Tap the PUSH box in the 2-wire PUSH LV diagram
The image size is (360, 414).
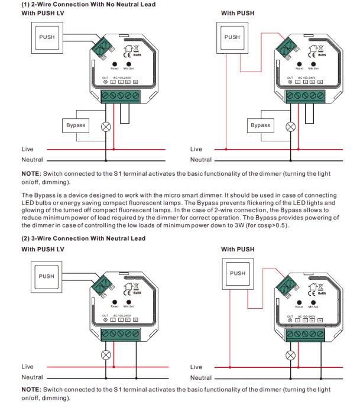coord(46,37)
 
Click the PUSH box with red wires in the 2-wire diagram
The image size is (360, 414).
coord(232,37)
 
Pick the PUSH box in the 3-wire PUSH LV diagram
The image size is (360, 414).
coord(46,276)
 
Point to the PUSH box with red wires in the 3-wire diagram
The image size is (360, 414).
coord(238,273)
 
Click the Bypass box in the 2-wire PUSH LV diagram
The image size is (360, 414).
coord(76,125)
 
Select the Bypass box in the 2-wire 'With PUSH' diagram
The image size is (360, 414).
coord(260,125)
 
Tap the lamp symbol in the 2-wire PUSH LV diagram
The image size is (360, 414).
coord(106,126)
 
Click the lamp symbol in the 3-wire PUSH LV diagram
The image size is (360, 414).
coord(106,355)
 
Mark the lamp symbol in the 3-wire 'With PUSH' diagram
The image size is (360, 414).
coord(290,355)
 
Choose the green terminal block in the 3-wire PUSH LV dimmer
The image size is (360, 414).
coord(120,334)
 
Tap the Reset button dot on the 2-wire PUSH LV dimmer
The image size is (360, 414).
coord(115,63)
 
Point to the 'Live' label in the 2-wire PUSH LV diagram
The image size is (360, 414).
coord(28,149)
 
